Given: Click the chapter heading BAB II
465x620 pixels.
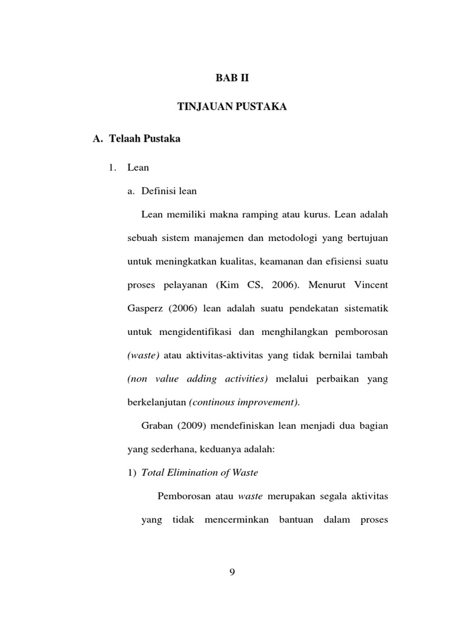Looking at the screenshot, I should [x=232, y=78].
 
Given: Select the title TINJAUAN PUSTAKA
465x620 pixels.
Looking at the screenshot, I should [x=232, y=107].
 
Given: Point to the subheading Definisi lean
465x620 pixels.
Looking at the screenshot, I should [x=169, y=191].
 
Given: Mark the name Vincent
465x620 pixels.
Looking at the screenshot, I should [x=368, y=285].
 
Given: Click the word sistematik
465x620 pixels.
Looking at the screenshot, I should [x=362, y=309].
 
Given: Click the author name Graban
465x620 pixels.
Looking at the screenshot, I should [x=157, y=426].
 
